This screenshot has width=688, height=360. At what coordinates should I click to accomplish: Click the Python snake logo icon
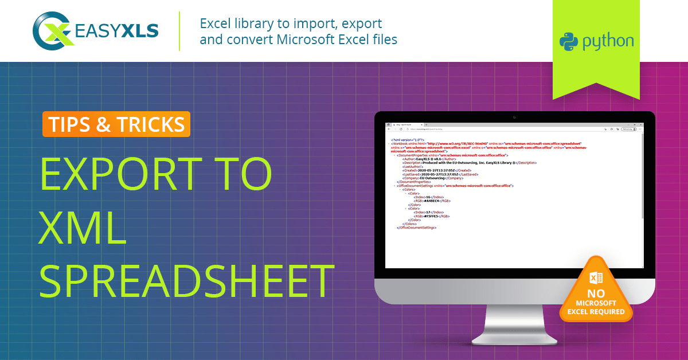click(569, 42)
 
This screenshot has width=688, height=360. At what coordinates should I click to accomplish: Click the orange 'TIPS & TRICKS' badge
click(116, 124)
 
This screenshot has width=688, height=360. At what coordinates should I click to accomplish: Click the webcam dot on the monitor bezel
click(514, 118)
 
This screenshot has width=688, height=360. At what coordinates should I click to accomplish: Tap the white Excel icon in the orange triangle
click(596, 279)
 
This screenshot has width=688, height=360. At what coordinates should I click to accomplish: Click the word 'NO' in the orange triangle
click(596, 294)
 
